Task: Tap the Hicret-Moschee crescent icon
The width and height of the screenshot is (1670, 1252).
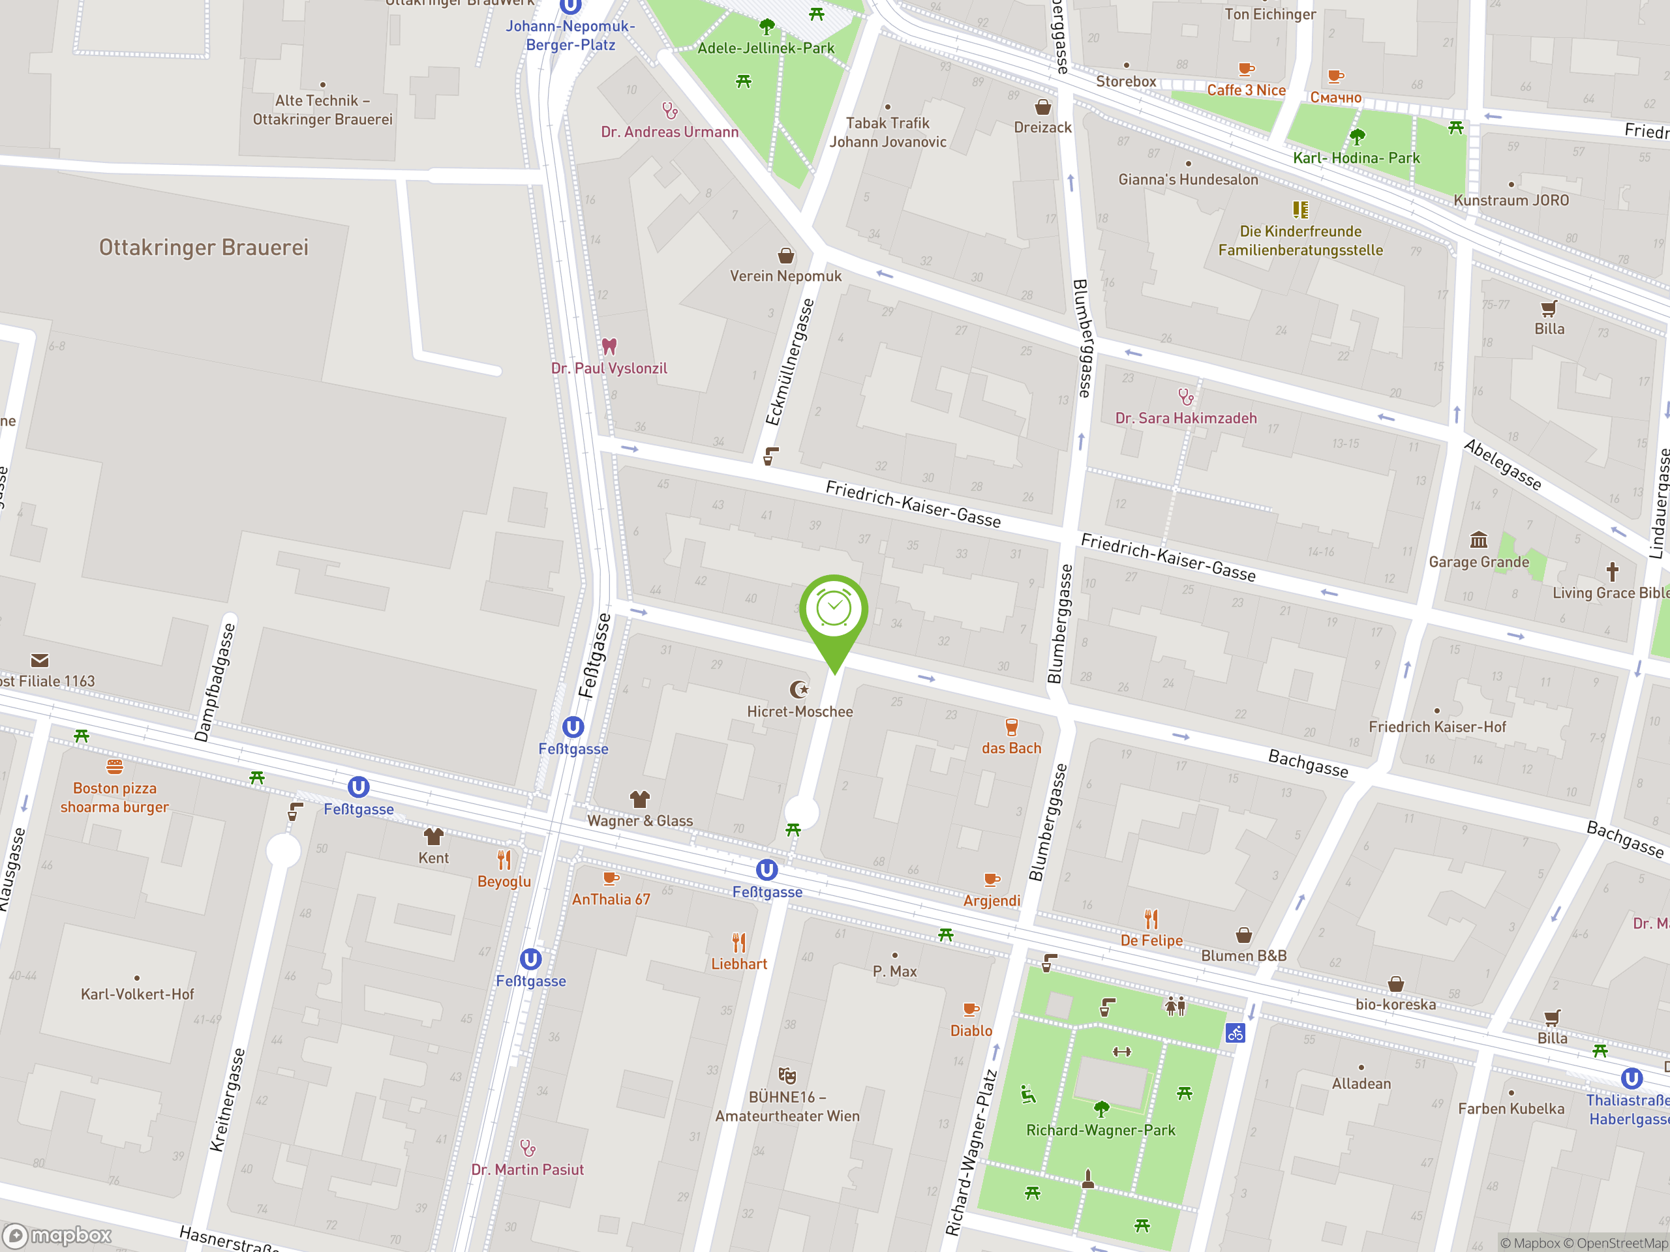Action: (798, 689)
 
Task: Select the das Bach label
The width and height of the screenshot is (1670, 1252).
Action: (1011, 748)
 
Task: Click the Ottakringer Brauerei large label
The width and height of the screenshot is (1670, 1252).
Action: (204, 248)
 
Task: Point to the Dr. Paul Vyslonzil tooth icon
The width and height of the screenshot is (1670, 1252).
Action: (609, 346)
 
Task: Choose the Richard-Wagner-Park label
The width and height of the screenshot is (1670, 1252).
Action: (1100, 1130)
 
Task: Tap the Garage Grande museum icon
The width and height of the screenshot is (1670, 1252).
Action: (1478, 539)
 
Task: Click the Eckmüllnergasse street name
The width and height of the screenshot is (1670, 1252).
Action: (790, 363)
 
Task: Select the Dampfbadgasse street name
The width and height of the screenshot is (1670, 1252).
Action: (215, 682)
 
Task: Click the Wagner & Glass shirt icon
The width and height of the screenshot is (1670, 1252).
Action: (639, 799)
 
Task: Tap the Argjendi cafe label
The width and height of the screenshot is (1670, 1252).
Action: (992, 901)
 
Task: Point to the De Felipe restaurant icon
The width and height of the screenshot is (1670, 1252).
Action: (1151, 919)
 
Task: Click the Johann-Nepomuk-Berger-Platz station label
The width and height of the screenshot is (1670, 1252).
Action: (570, 35)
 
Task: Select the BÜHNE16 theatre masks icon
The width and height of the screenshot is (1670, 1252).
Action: (787, 1075)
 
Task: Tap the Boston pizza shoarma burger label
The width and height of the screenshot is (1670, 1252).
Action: (115, 797)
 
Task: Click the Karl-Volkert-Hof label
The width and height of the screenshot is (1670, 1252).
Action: (138, 994)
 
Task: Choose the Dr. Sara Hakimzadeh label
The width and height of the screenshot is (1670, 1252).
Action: (1185, 418)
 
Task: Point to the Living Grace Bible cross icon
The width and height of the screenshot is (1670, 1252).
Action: (1612, 571)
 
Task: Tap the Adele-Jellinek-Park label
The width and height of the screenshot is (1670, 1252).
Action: (766, 48)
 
